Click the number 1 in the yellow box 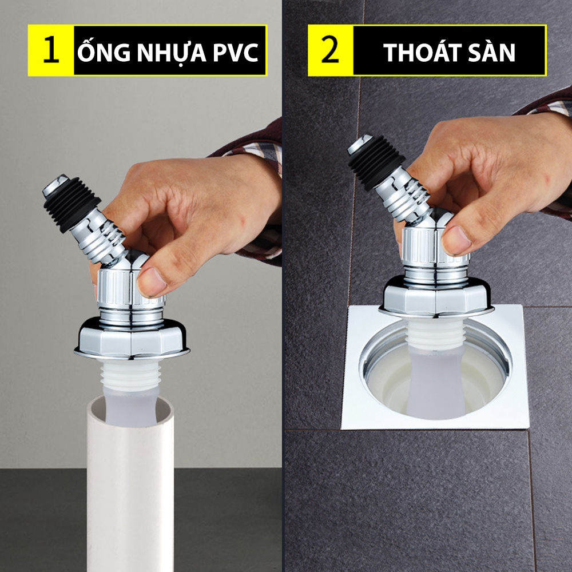point(51,50)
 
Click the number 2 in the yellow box point(330,50)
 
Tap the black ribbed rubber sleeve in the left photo point(72,204)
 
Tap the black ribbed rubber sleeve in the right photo point(376,162)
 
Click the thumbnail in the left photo point(152,281)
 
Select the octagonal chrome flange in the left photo point(132,338)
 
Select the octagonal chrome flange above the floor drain point(436,296)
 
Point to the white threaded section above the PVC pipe point(130,374)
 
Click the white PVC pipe point(130,485)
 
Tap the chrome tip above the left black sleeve point(55,185)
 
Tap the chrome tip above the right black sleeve point(360,144)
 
